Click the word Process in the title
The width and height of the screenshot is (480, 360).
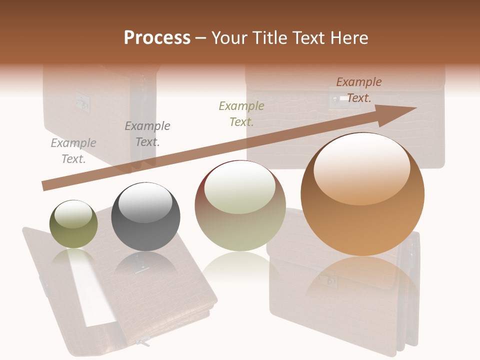pyautogui.click(x=157, y=38)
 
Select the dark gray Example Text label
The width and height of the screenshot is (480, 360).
pyautogui.click(x=147, y=134)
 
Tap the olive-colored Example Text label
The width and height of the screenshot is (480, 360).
pyautogui.click(x=241, y=113)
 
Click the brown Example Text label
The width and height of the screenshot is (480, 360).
pyautogui.click(x=359, y=90)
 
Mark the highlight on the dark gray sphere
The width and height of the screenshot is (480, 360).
pyautogui.click(x=145, y=202)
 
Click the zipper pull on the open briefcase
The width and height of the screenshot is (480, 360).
pyautogui.click(x=143, y=342)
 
